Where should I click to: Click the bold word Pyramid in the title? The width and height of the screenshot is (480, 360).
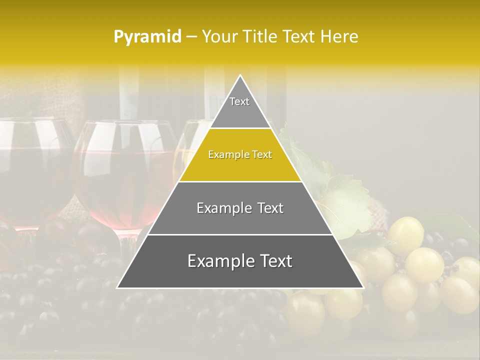(147, 37)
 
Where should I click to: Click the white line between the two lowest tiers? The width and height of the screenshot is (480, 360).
(240, 234)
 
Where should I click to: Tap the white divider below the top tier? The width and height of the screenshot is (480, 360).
(240, 128)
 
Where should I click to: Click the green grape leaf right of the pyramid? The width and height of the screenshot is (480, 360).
(345, 205)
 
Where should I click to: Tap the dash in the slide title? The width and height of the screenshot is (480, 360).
(191, 37)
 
